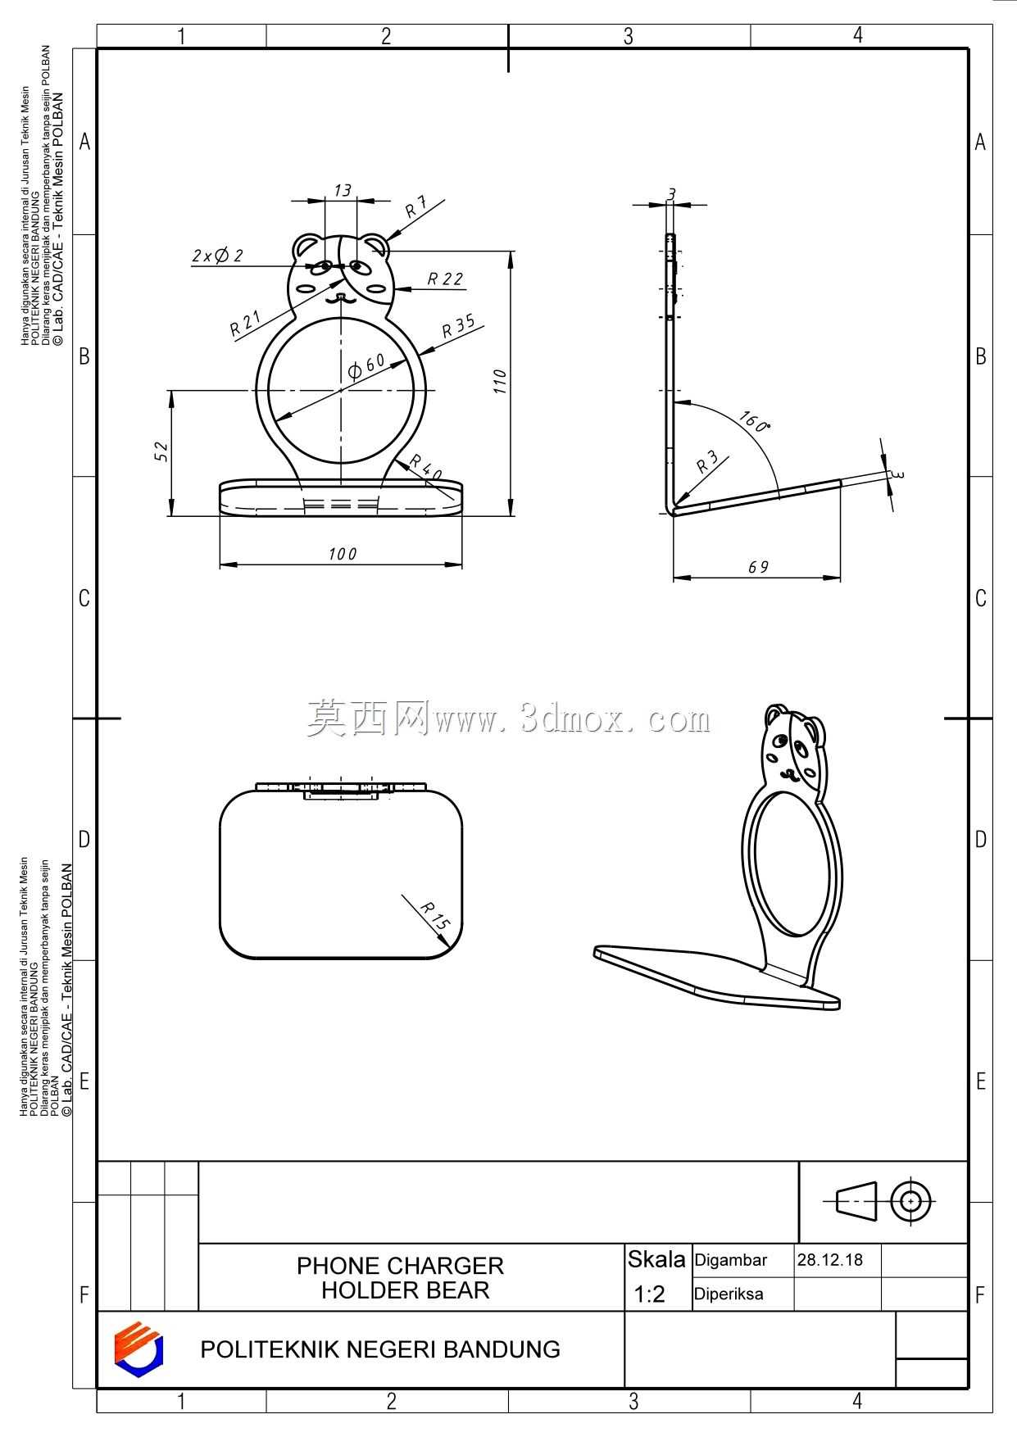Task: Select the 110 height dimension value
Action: click(x=500, y=381)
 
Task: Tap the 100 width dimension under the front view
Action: click(x=343, y=555)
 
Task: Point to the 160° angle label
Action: click(x=754, y=422)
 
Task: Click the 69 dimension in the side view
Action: click(x=759, y=567)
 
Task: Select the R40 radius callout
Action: click(x=426, y=467)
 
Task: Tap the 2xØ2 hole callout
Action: click(x=218, y=256)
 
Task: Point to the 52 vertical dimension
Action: click(x=161, y=451)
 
